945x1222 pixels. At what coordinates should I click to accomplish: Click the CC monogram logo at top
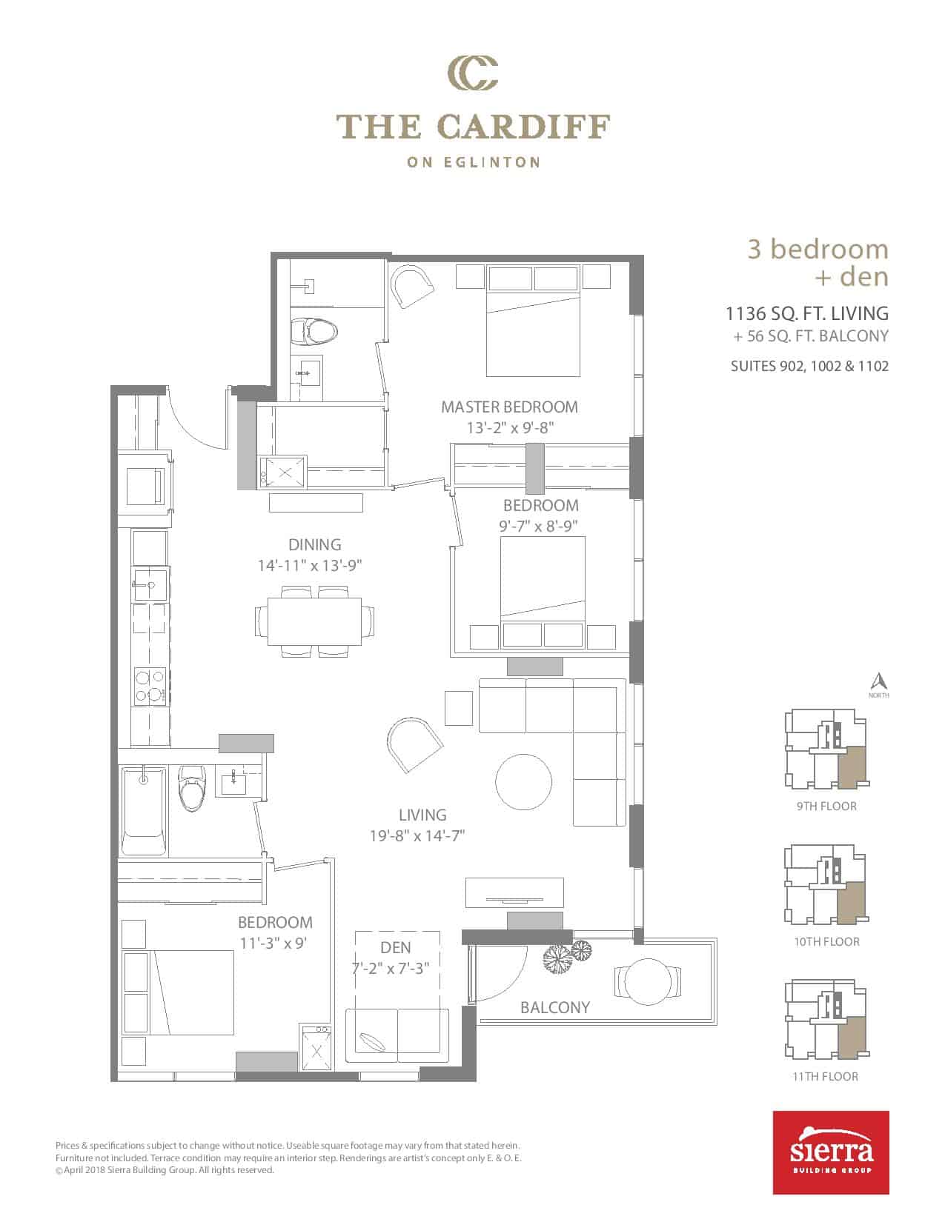(x=473, y=73)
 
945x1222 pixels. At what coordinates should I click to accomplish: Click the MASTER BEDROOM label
(x=508, y=407)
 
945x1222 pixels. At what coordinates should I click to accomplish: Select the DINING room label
(x=314, y=544)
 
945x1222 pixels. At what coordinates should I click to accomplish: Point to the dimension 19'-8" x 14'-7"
(x=417, y=835)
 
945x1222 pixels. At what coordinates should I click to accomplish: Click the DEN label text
(x=395, y=947)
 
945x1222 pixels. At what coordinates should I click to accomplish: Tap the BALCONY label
(x=555, y=1007)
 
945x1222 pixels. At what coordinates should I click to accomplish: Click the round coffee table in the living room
(x=523, y=781)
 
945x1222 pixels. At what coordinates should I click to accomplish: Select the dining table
(x=314, y=622)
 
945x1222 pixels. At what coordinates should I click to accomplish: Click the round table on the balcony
(x=648, y=981)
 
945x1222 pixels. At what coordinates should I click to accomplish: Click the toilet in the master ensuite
(x=314, y=331)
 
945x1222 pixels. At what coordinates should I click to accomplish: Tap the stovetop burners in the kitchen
(x=150, y=686)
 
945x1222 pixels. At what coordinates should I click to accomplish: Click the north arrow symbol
(x=878, y=681)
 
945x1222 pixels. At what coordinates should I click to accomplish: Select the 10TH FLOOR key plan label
(x=826, y=941)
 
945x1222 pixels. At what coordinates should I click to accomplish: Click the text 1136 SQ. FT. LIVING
(x=807, y=313)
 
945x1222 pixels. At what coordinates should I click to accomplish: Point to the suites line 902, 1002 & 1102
(x=809, y=366)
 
